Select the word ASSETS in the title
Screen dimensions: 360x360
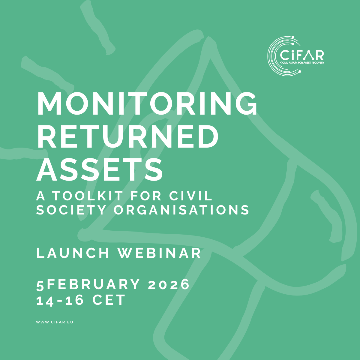[x=100, y=169]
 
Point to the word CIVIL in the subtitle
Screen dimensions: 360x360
[x=191, y=196]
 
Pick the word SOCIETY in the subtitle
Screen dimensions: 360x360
[x=71, y=210]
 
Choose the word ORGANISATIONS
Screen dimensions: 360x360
[x=181, y=210]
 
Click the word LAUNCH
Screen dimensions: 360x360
[x=73, y=253]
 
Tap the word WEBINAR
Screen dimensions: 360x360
[x=159, y=253]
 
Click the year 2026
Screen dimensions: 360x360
[x=169, y=284]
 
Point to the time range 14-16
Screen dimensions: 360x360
[x=60, y=300]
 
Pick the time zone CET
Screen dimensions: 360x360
[x=109, y=300]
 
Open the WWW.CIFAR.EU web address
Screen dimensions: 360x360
[x=55, y=322]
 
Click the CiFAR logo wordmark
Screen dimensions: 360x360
[x=302, y=55]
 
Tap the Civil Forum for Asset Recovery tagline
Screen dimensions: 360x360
[x=302, y=63]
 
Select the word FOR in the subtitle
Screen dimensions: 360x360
[x=146, y=196]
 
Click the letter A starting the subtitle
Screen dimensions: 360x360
[x=41, y=196]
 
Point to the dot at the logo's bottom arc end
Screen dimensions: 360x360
[x=300, y=71]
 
